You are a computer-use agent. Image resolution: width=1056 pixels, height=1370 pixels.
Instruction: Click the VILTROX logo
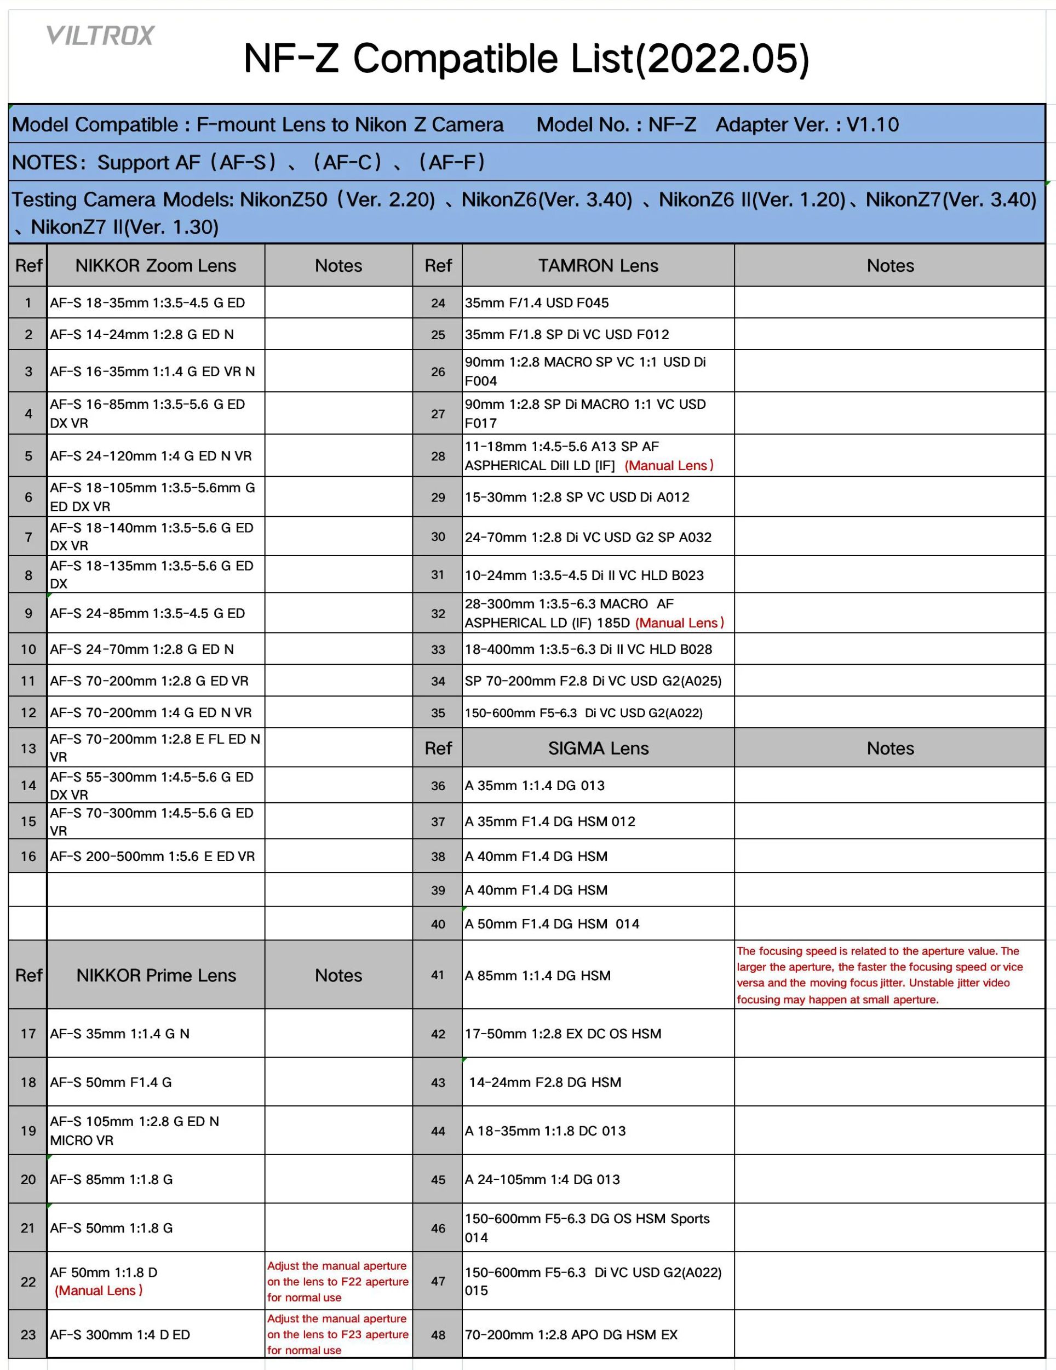[100, 36]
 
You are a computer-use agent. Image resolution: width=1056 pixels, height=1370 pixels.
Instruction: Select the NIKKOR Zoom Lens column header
[156, 265]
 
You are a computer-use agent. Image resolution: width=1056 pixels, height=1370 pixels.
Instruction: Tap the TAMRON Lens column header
[598, 265]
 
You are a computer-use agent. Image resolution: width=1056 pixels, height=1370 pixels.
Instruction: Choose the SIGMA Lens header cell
[598, 747]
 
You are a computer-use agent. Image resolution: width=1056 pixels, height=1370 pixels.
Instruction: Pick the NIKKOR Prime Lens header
[156, 975]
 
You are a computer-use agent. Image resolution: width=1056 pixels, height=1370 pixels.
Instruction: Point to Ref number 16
[28, 855]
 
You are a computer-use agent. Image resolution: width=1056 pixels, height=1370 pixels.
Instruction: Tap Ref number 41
[438, 975]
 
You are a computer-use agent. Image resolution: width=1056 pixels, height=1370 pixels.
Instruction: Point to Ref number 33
[438, 649]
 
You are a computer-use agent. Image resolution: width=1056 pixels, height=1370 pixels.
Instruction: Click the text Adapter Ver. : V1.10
[806, 124]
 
